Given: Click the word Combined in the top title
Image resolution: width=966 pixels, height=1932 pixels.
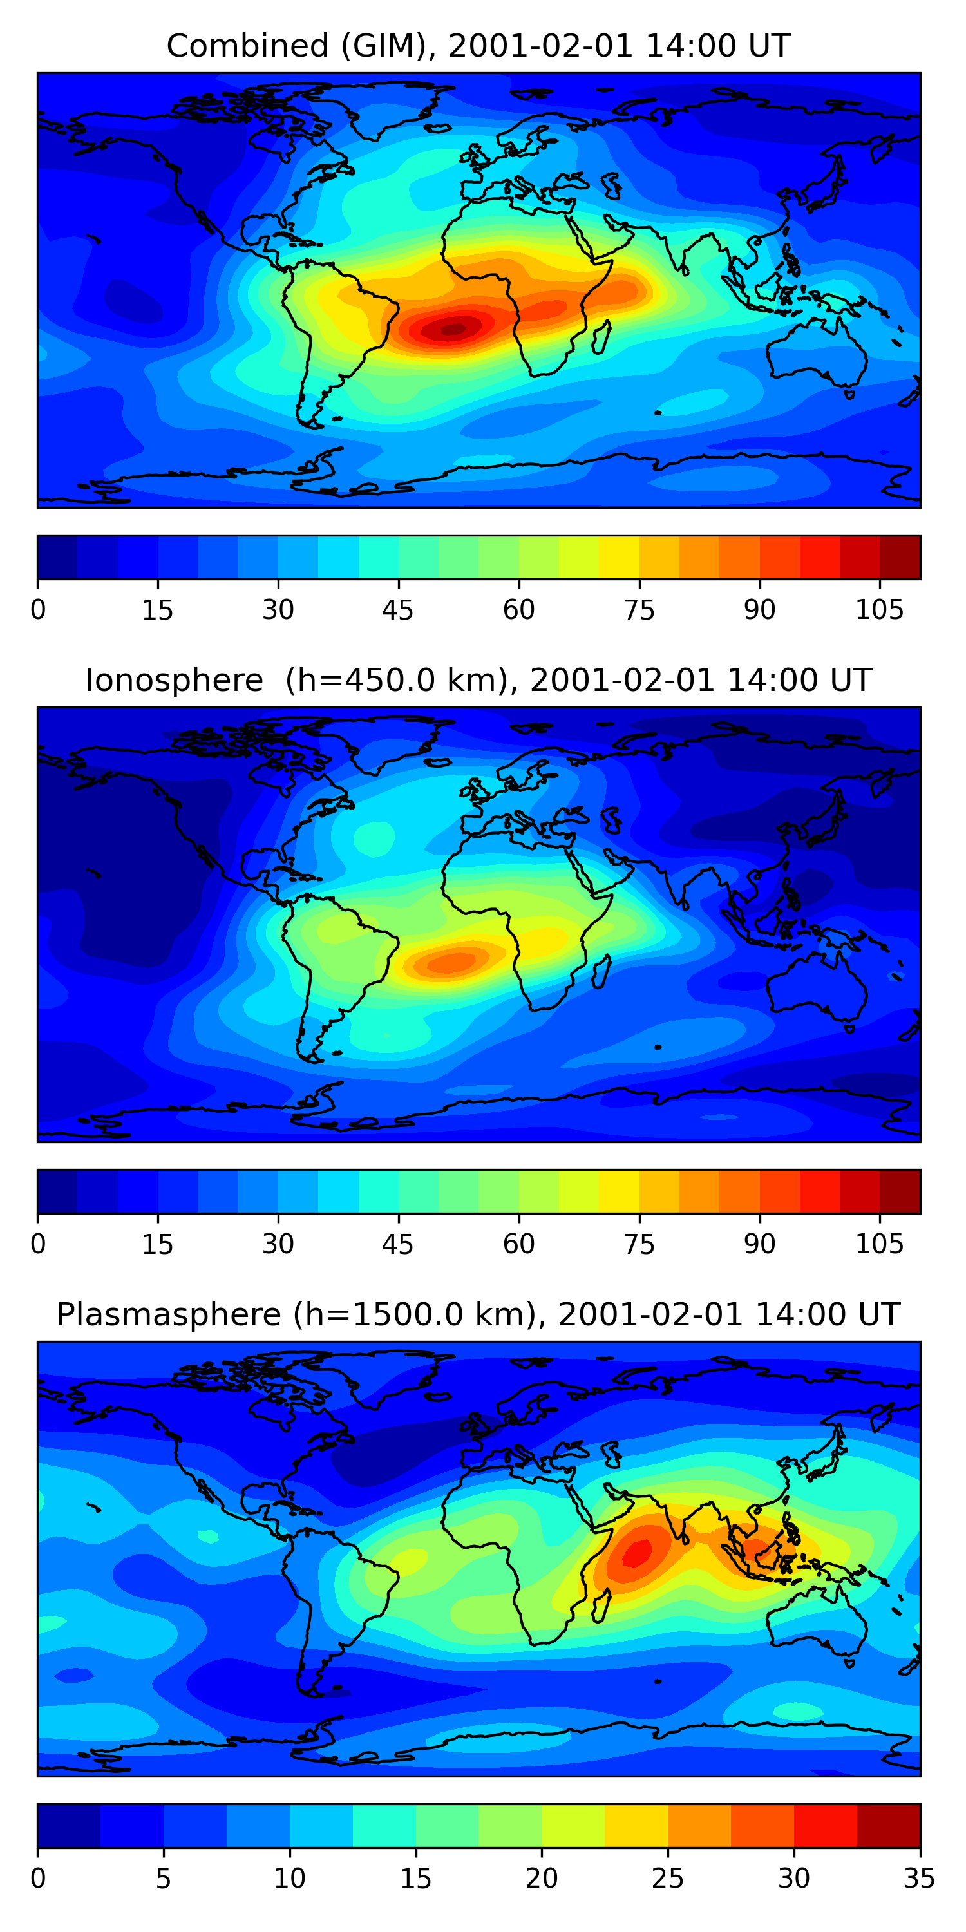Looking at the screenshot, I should [x=247, y=46].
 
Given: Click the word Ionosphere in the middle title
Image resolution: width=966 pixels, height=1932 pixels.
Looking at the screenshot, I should [x=174, y=681].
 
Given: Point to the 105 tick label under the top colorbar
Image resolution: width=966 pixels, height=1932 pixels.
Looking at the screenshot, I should [x=879, y=611].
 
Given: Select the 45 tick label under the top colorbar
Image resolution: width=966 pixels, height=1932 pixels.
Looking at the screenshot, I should [x=397, y=611].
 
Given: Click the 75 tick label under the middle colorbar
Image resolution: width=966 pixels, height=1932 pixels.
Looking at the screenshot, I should [x=639, y=1244].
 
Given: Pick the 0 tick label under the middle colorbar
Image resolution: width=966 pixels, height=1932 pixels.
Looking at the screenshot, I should [x=38, y=1244].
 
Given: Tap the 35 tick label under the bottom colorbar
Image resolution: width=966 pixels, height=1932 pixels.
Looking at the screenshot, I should [x=919, y=1879].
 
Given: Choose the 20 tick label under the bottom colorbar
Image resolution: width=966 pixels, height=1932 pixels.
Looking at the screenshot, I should [x=541, y=1879].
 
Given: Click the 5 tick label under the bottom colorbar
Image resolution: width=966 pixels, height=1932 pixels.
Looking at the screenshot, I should [x=164, y=1879].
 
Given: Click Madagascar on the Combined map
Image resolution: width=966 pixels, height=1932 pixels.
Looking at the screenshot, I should [x=601, y=338].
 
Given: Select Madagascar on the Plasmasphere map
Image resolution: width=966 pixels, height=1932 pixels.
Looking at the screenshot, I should [x=601, y=1607].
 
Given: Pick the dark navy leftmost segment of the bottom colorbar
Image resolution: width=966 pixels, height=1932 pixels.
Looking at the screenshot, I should [x=69, y=1826].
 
